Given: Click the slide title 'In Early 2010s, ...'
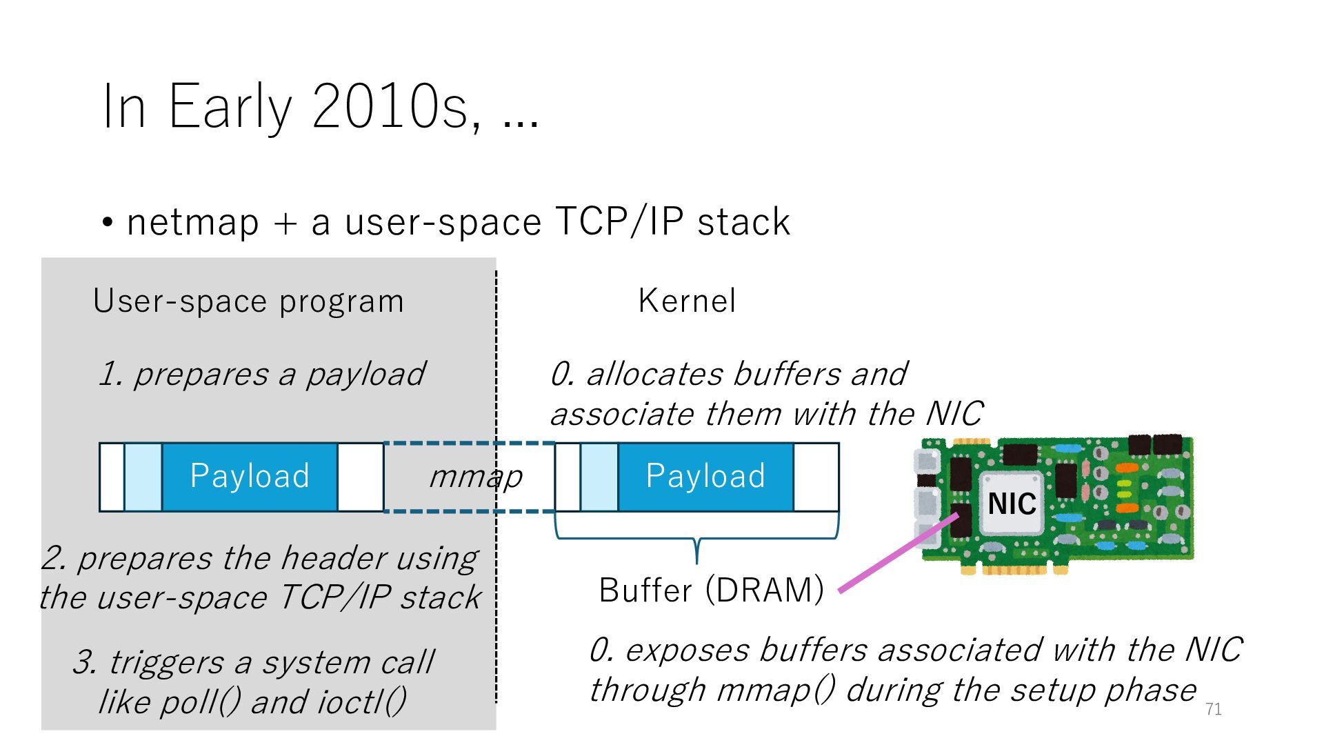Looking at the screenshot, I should pyautogui.click(x=320, y=107).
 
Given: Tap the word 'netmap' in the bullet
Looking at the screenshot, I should pyautogui.click(x=193, y=222).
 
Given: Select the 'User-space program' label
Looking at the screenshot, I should pyautogui.click(x=248, y=301).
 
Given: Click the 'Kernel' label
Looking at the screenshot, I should pyautogui.click(x=687, y=301).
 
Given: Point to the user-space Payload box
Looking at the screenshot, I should pyautogui.click(x=250, y=477).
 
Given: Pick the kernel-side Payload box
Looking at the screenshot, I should pyautogui.click(x=705, y=477).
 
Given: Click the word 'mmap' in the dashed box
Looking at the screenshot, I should pyautogui.click(x=475, y=477).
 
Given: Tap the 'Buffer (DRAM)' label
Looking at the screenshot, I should pyautogui.click(x=711, y=590).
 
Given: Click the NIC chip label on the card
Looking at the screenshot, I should pyautogui.click(x=1012, y=504).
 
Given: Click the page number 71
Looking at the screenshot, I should pyautogui.click(x=1213, y=709).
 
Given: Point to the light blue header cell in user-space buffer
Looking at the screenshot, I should pyautogui.click(x=143, y=477).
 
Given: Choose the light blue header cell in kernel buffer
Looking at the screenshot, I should pyautogui.click(x=599, y=477).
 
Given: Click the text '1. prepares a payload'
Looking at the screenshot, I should pyautogui.click(x=262, y=375).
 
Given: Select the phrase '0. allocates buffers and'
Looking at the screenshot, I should pyautogui.click(x=728, y=375).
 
